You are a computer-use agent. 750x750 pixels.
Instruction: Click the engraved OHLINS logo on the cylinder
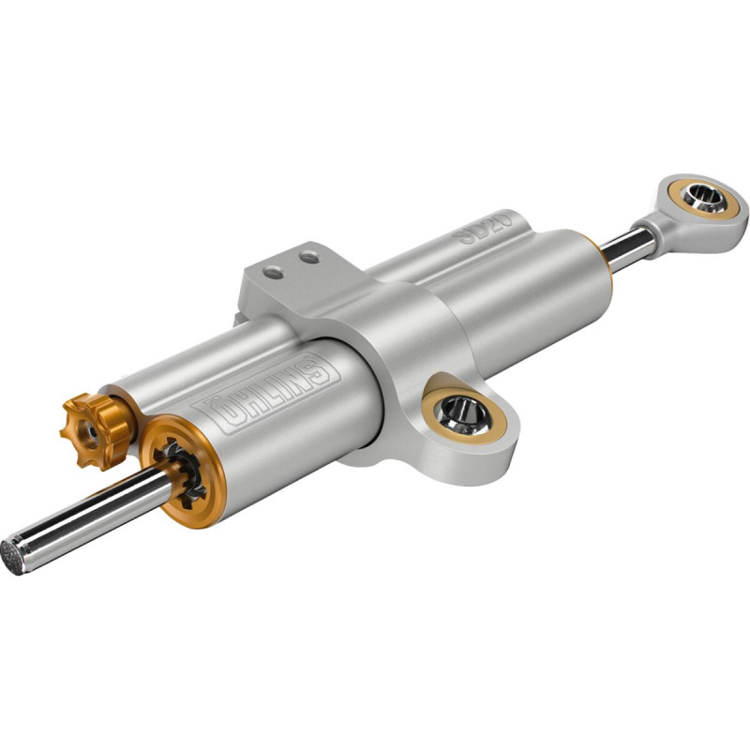(x=266, y=393)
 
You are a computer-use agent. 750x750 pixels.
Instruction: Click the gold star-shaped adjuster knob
(x=97, y=431)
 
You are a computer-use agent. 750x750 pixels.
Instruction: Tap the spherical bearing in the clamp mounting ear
(x=465, y=415)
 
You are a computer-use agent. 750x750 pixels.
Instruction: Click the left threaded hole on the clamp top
(x=273, y=273)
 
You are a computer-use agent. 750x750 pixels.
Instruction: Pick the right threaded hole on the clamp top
(x=309, y=259)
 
